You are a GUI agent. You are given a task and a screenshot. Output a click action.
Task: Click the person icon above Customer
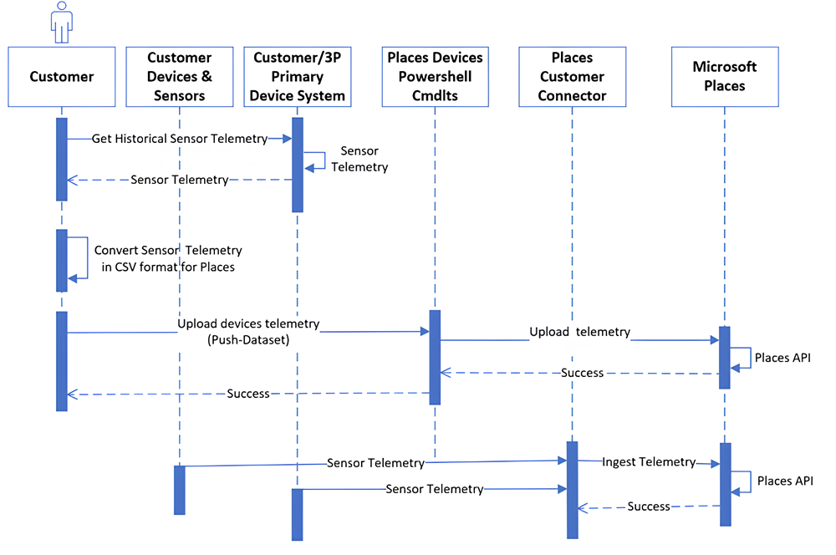click(61, 22)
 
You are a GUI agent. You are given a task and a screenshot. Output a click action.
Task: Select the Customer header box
click(62, 77)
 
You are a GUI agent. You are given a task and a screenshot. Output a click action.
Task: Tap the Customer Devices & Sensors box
click(180, 77)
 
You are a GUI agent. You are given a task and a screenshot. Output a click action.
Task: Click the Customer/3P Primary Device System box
click(297, 77)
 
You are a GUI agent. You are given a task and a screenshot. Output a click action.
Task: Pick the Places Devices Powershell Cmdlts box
click(435, 77)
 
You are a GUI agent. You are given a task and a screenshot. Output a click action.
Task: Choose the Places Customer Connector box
click(572, 77)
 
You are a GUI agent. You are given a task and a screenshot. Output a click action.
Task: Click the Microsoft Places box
click(724, 77)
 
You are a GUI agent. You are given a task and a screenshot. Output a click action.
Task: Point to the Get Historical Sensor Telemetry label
click(179, 139)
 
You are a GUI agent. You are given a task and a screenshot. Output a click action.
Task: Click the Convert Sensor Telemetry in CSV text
click(167, 259)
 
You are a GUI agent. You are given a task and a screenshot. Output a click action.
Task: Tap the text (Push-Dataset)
click(248, 339)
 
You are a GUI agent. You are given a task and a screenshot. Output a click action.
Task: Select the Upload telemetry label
click(579, 332)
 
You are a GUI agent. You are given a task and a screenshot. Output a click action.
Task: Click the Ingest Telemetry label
click(649, 461)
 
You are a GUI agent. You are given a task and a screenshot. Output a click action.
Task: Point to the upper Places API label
click(782, 358)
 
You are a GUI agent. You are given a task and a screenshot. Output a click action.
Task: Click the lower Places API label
click(785, 481)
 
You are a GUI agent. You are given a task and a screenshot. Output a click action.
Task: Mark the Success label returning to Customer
click(248, 393)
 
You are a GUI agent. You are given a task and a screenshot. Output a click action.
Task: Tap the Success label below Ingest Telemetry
click(649, 506)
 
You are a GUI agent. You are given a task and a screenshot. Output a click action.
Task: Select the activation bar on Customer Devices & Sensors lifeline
click(179, 490)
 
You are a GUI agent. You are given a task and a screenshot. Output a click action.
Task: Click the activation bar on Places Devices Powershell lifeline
click(435, 357)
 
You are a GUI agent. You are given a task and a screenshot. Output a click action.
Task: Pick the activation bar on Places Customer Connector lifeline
click(572, 489)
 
